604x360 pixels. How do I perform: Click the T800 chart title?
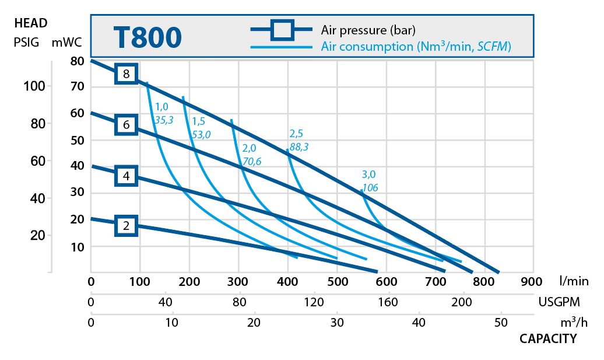tap(148, 37)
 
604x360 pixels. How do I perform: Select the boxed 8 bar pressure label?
tap(126, 74)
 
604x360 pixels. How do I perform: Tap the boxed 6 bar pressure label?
tap(126, 125)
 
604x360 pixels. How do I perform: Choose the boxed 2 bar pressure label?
tap(126, 226)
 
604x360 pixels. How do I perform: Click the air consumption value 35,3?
tap(164, 120)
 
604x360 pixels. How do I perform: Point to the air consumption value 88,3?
tap(299, 147)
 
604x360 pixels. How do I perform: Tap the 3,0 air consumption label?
tap(368, 174)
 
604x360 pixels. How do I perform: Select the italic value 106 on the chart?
tap(370, 187)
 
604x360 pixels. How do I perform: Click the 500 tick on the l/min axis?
tap(336, 282)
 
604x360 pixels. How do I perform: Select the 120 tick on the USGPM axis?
tap(314, 302)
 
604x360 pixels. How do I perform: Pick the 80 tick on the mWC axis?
tap(78, 61)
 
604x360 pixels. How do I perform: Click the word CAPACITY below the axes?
tap(548, 338)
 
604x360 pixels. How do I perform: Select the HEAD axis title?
tap(30, 24)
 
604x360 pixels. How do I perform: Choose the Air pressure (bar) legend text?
tap(368, 29)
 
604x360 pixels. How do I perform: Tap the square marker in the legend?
tap(283, 29)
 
